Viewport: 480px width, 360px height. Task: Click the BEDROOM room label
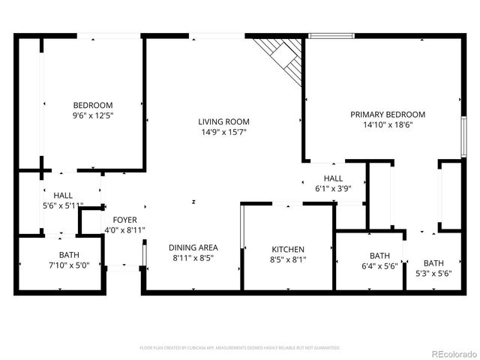(92, 105)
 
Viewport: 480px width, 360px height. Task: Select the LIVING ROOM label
(223, 121)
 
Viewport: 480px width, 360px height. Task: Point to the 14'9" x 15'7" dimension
(223, 132)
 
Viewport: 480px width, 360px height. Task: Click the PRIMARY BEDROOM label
(388, 115)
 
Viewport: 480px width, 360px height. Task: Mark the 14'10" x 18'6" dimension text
(388, 125)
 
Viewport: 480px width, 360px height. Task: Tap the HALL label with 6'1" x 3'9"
(334, 178)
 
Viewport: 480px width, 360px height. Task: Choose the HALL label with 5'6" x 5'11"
(62, 194)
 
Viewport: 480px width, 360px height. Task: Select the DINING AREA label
(193, 248)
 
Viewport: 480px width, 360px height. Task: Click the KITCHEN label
(287, 249)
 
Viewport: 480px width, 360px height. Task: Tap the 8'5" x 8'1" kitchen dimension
(287, 259)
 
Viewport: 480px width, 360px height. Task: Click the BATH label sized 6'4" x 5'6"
(379, 255)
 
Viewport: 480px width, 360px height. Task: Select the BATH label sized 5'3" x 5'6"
(433, 262)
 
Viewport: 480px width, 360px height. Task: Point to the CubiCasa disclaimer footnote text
(239, 348)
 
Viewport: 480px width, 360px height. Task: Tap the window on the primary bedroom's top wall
(331, 34)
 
